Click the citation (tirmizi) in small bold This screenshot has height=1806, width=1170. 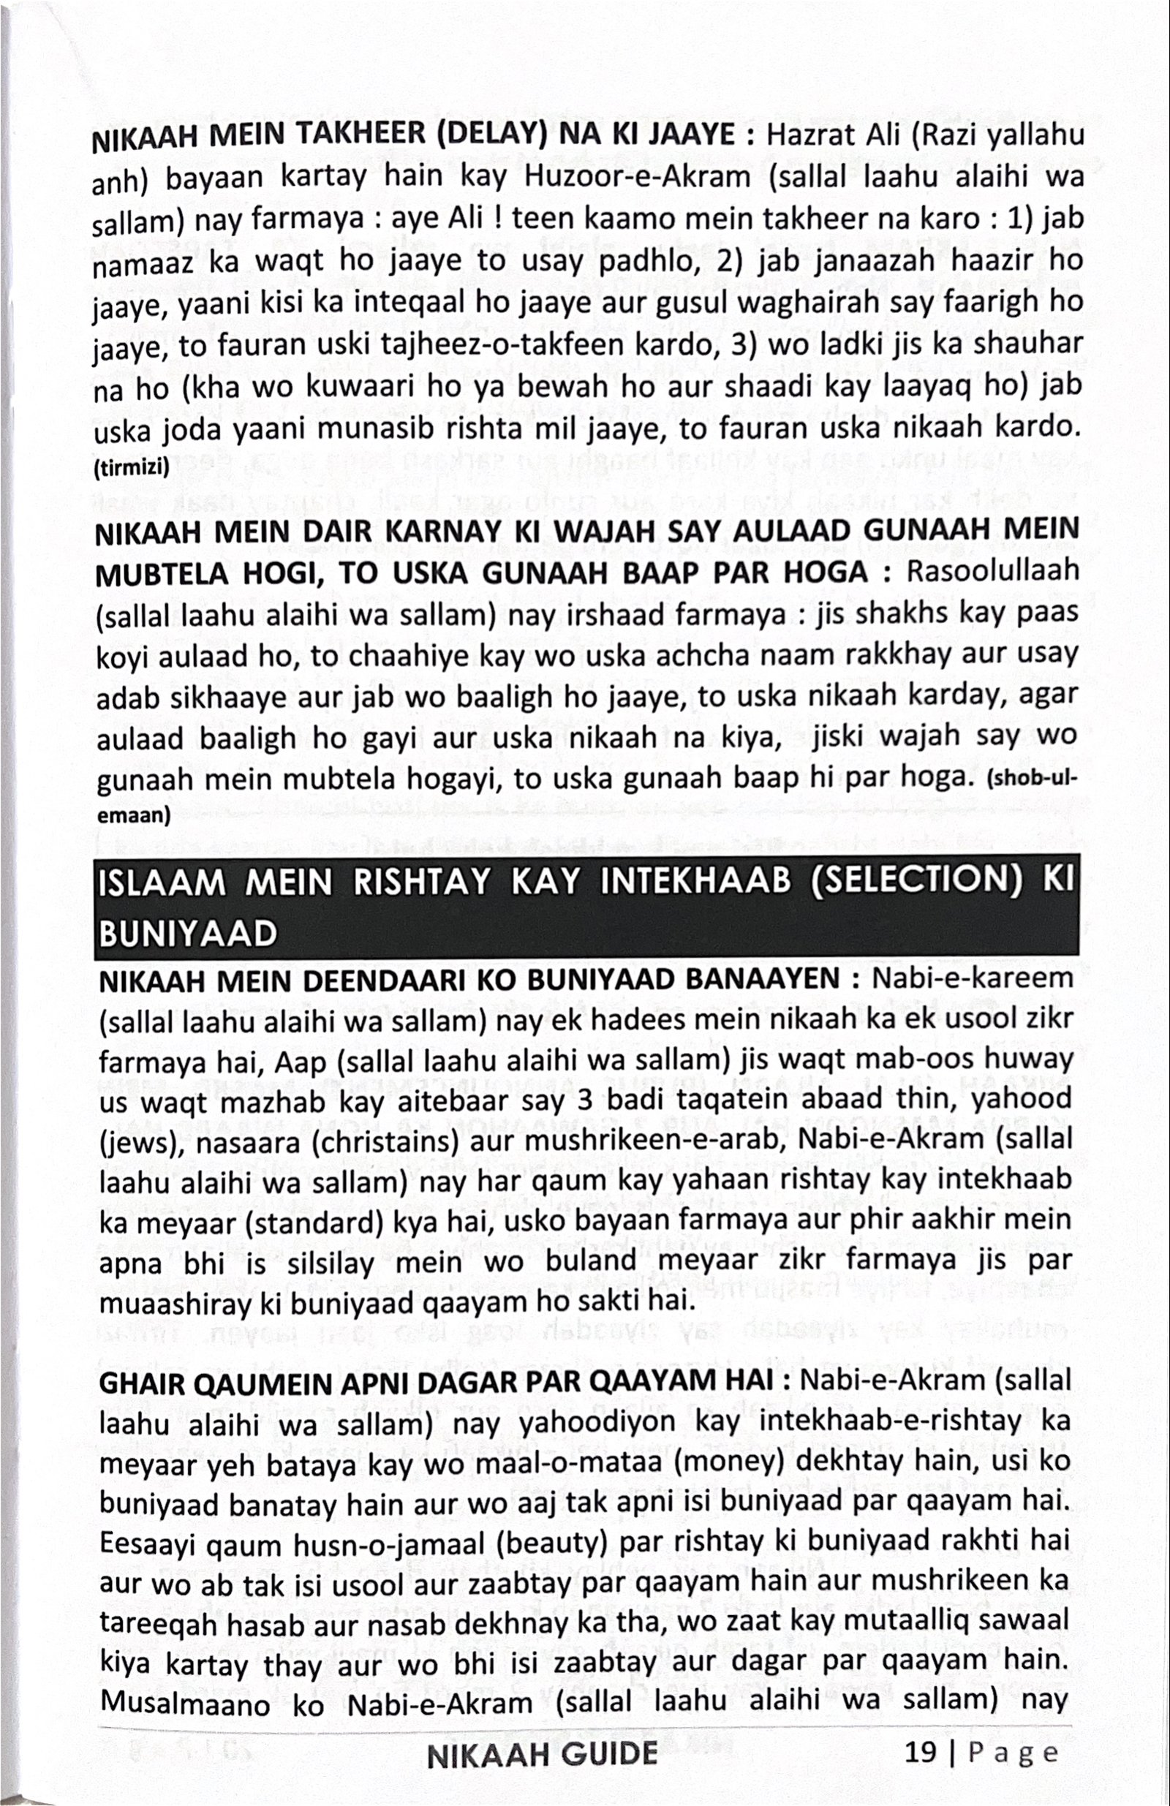pyautogui.click(x=129, y=469)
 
